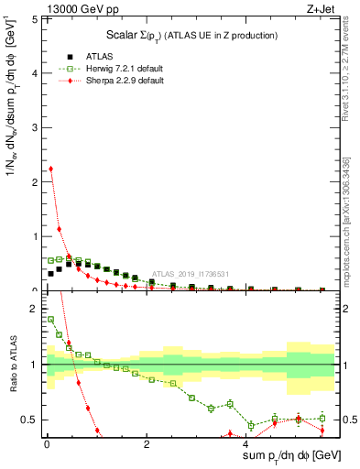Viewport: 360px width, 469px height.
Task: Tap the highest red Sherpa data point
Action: pyautogui.click(x=50, y=169)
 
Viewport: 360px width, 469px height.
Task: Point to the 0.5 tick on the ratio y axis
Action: pyautogui.click(x=30, y=420)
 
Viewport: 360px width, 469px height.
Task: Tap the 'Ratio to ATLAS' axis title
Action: pyautogui.click(x=12, y=366)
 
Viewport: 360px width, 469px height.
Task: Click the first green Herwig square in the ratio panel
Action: pyautogui.click(x=50, y=320)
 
